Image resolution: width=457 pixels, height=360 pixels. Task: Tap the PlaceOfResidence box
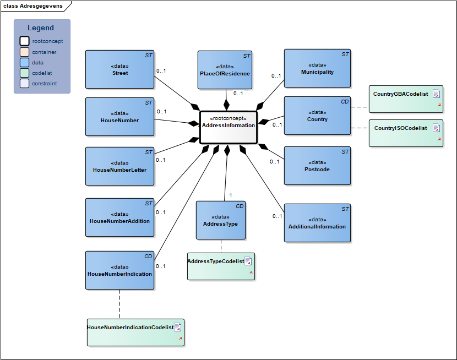[x=225, y=70]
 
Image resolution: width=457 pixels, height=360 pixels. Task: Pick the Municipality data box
[x=317, y=68]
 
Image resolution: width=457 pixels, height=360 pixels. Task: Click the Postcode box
[x=317, y=166]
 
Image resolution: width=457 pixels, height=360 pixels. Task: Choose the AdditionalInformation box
[x=317, y=223]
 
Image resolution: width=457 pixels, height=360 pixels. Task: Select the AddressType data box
[x=220, y=220]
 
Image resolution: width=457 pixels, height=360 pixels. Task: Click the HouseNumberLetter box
[x=119, y=166]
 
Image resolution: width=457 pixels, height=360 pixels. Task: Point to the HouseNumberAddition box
[x=119, y=217]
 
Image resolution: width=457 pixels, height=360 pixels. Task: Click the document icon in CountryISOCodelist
[x=436, y=128]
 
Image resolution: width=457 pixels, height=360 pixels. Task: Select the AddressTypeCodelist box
[x=221, y=266]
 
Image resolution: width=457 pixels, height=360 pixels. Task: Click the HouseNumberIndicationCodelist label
[x=130, y=327]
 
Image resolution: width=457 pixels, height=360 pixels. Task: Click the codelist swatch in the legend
[x=24, y=73]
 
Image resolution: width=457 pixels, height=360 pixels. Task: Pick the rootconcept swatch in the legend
[x=24, y=41]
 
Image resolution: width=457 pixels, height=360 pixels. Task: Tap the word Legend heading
[x=41, y=28]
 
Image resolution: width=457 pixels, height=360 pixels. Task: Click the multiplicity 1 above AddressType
[x=230, y=195]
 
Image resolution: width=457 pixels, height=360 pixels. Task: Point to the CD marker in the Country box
[x=345, y=102]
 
